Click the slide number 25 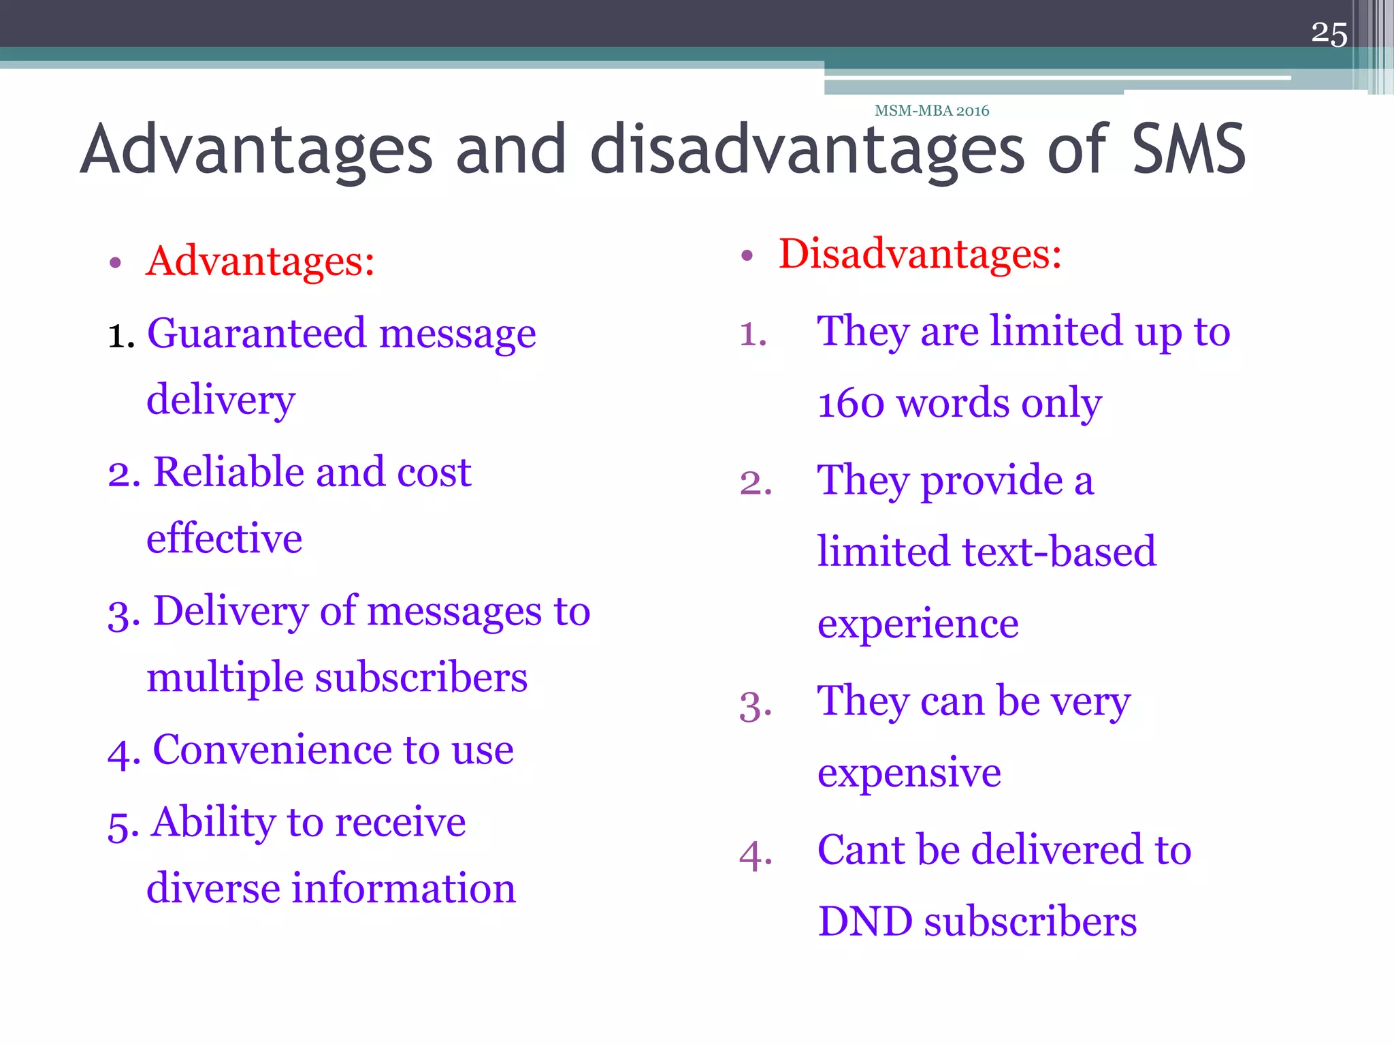[x=1329, y=34]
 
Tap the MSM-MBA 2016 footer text [x=931, y=110]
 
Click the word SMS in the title [x=1188, y=149]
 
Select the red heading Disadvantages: [x=920, y=254]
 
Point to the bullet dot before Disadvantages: [x=747, y=256]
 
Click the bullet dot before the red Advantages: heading [x=115, y=263]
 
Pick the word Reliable [x=228, y=472]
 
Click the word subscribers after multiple [x=421, y=678]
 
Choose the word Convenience [x=272, y=750]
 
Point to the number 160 [x=851, y=403]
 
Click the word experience [x=918, y=624]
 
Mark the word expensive [x=909, y=773]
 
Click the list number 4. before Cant [x=756, y=855]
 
